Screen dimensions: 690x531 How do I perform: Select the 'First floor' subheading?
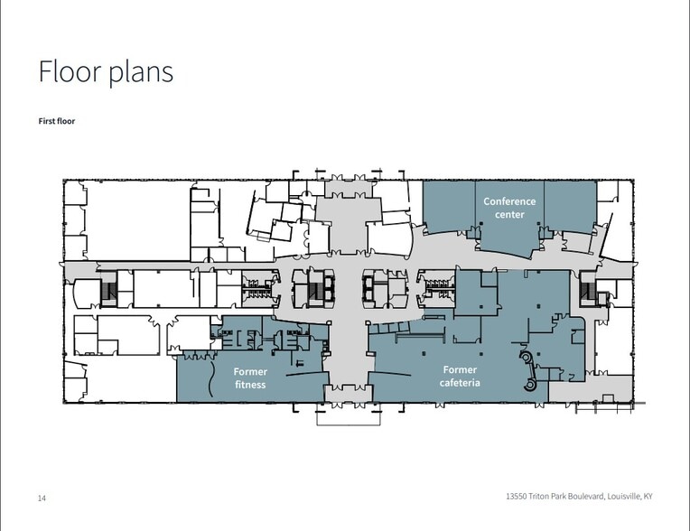[x=57, y=121]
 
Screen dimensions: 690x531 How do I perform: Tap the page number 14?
[x=42, y=498]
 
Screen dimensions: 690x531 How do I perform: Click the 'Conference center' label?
[x=509, y=208]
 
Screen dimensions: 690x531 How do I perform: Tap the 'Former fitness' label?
[x=250, y=377]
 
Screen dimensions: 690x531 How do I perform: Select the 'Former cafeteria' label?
[x=460, y=377]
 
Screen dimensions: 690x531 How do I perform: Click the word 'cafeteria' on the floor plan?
[x=460, y=382]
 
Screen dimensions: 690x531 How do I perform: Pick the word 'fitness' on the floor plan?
[x=250, y=385]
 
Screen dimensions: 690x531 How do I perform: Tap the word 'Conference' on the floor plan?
[x=509, y=201]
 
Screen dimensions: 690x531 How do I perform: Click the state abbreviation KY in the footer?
[x=648, y=497]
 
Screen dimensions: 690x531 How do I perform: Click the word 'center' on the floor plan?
[x=509, y=214]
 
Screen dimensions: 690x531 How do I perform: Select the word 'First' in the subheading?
[x=47, y=121]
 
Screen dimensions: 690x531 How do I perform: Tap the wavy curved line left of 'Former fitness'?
[x=210, y=378]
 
